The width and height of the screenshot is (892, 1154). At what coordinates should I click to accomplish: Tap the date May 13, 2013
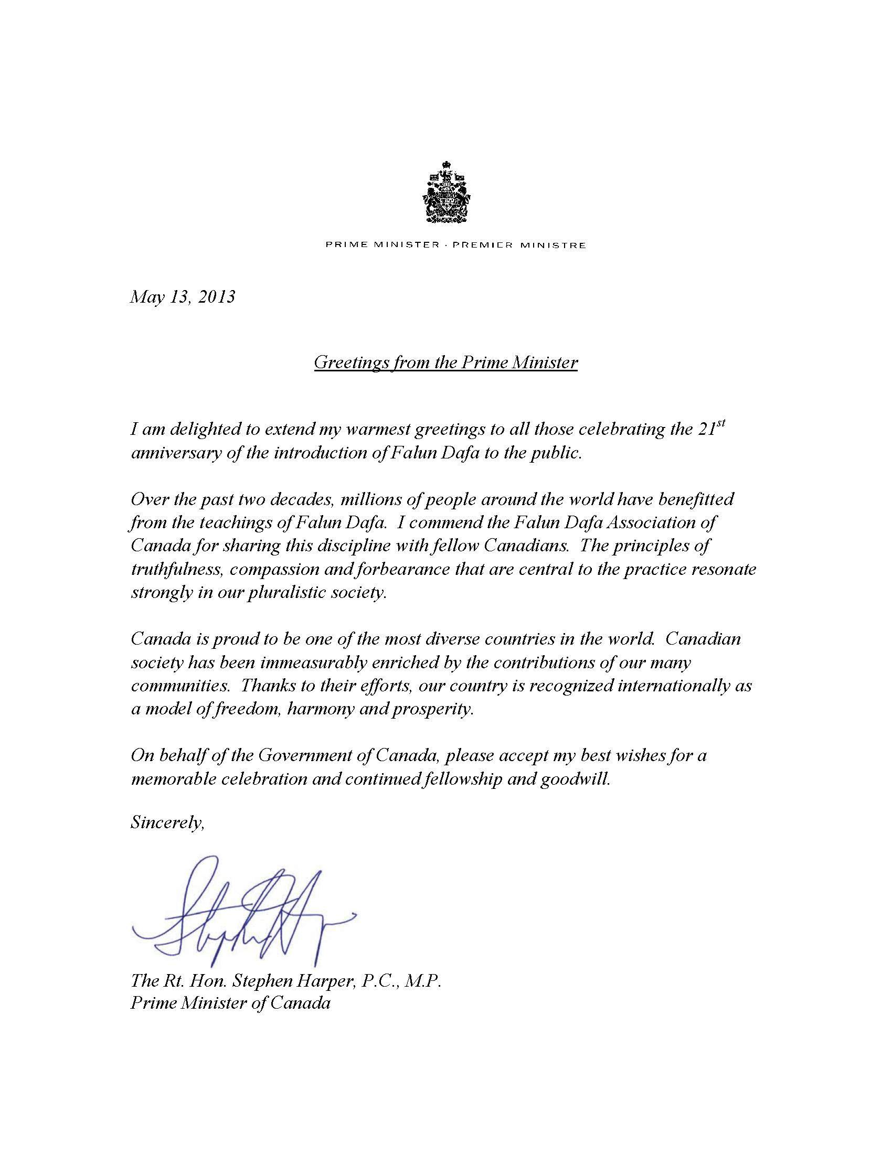[182, 297]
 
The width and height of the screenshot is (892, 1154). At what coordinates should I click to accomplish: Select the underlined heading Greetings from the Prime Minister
[445, 362]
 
